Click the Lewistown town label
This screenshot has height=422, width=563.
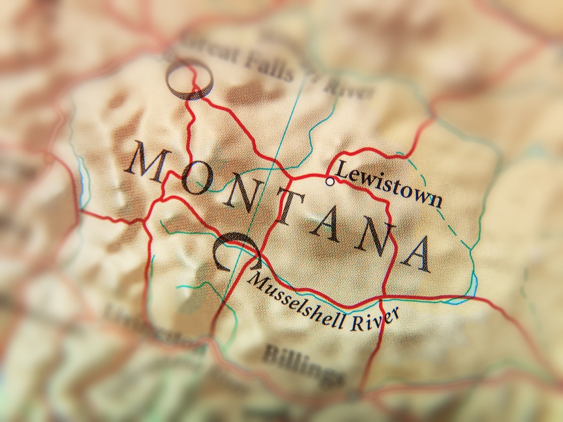389,184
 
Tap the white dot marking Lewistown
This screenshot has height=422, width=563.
330,181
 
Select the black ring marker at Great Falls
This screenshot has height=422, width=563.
190,79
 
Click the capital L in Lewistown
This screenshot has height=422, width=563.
343,169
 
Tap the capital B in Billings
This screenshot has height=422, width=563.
271,352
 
